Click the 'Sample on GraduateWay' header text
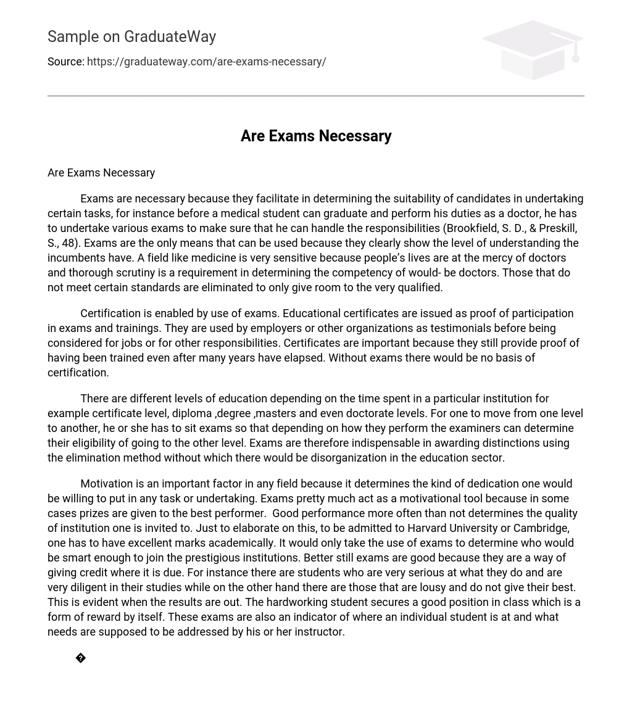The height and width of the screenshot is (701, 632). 131,36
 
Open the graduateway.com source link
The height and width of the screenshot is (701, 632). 206,62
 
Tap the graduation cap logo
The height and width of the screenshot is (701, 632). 532,50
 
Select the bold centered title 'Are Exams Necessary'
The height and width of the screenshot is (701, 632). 316,136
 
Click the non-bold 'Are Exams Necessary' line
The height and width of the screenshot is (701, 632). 101,173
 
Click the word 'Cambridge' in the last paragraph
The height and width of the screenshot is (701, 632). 542,528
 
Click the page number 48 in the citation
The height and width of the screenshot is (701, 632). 68,243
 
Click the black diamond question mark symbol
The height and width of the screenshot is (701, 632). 81,658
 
